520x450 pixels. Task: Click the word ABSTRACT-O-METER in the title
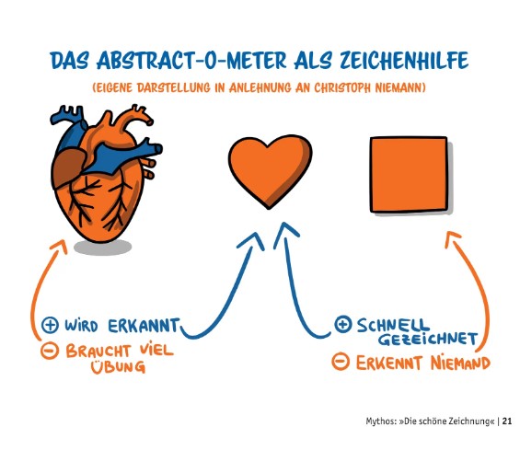(192, 61)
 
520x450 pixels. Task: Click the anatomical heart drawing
(106, 173)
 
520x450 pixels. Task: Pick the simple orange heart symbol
(271, 171)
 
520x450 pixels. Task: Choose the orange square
(409, 175)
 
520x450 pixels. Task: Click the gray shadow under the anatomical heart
(102, 247)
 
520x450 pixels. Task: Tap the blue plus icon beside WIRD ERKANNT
(50, 325)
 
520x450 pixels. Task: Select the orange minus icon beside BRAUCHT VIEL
(49, 351)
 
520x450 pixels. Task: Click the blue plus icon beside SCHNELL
(342, 324)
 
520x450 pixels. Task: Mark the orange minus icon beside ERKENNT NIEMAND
(341, 362)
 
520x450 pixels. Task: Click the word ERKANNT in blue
(144, 326)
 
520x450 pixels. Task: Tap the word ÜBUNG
(119, 366)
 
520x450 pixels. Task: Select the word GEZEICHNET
(428, 339)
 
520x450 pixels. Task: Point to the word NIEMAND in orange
(461, 363)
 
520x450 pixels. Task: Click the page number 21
(507, 421)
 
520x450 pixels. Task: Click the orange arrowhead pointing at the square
(453, 239)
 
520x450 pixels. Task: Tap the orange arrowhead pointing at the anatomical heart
(60, 247)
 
